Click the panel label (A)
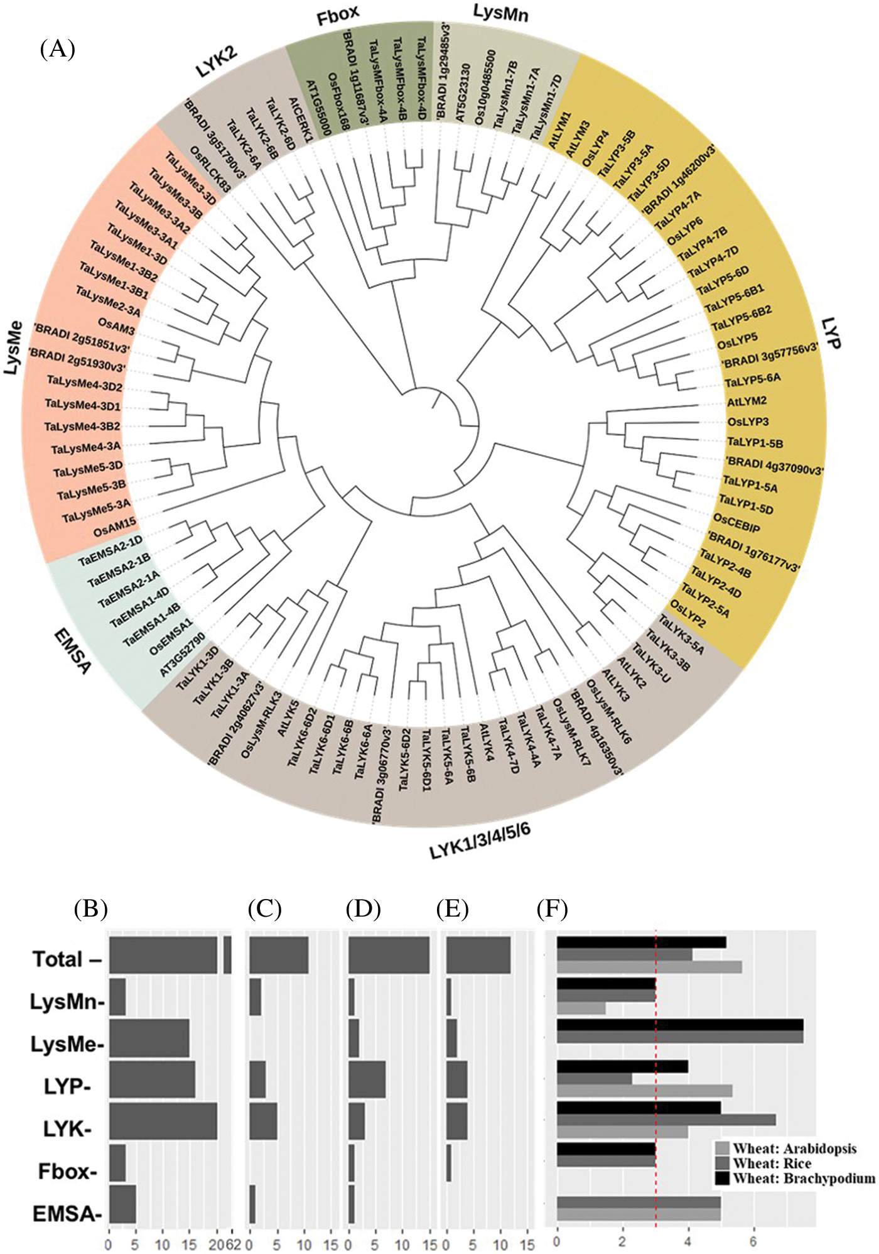[58, 48]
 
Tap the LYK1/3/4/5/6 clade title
[480, 842]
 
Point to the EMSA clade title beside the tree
[73, 651]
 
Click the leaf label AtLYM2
[747, 401]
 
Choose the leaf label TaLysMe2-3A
[108, 301]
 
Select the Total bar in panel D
[389, 956]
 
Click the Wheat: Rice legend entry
[772, 1164]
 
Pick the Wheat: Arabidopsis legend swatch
[722, 1149]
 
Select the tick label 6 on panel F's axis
[753, 1242]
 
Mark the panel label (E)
[453, 909]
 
